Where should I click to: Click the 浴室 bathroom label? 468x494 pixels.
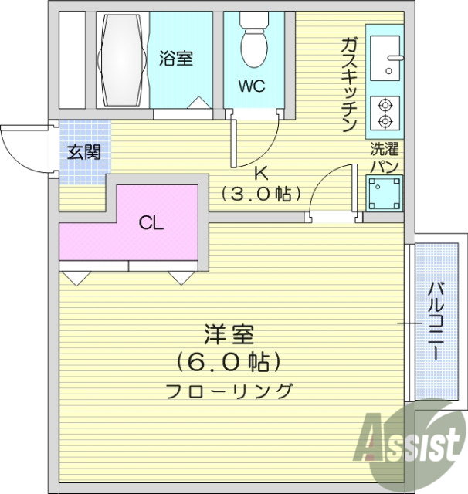pyautogui.click(x=176, y=58)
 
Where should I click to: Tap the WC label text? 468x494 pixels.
pyautogui.click(x=252, y=86)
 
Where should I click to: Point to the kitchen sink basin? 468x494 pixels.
pyautogui.click(x=383, y=59)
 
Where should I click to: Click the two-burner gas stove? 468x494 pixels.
pyautogui.click(x=384, y=113)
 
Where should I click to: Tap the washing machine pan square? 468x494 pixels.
pyautogui.click(x=384, y=193)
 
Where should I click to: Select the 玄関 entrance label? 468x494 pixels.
pyautogui.click(x=83, y=152)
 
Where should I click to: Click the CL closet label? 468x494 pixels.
pyautogui.click(x=151, y=224)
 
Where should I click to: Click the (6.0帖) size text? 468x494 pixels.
pyautogui.click(x=229, y=361)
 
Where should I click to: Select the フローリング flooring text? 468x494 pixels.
pyautogui.click(x=229, y=391)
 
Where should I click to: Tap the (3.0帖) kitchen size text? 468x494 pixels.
pyautogui.click(x=261, y=194)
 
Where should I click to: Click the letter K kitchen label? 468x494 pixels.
pyautogui.click(x=260, y=172)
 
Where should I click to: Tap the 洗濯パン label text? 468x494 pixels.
pyautogui.click(x=384, y=156)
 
